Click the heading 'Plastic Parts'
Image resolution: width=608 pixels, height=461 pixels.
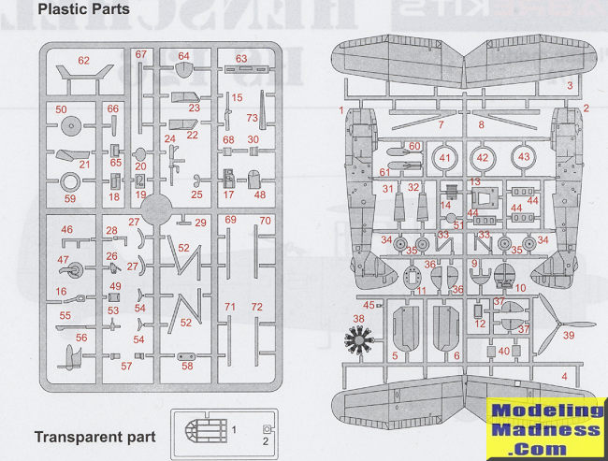tap(84, 9)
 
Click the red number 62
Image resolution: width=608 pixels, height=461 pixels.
tap(83, 61)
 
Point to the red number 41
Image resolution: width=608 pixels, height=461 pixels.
tap(444, 157)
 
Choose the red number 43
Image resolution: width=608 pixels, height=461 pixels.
tap(524, 157)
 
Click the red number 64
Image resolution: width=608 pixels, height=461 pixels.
tap(184, 56)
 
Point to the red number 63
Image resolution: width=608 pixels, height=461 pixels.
tap(241, 59)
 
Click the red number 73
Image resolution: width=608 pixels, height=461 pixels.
tap(252, 118)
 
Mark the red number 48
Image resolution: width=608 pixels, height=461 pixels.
tap(260, 194)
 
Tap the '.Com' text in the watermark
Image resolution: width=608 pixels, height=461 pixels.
tap(547, 449)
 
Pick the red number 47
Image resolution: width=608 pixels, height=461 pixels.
tap(64, 260)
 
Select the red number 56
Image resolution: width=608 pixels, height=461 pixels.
tap(82, 338)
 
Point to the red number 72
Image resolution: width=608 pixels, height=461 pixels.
tap(256, 307)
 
